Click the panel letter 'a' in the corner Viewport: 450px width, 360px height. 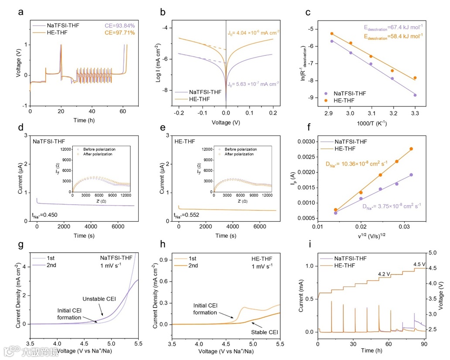click(x=20, y=12)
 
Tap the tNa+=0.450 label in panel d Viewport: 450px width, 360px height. click(x=45, y=215)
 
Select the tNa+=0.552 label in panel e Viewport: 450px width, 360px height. click(x=187, y=215)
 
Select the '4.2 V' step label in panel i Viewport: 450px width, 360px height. click(x=384, y=274)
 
